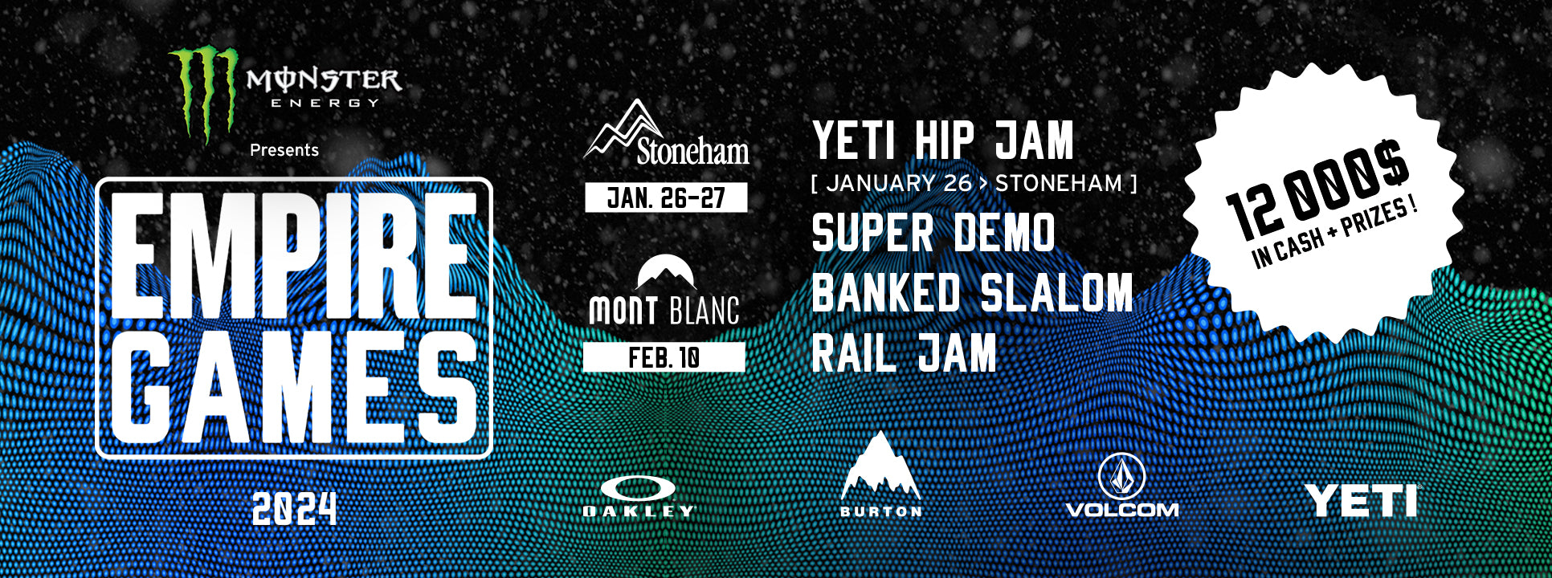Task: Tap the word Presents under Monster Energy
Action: point(284,150)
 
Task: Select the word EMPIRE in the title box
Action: point(293,256)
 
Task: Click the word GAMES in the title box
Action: point(293,387)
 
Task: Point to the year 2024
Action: point(294,509)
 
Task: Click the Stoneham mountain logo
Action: point(666,132)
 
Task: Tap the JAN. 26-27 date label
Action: point(666,197)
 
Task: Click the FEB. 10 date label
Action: point(664,357)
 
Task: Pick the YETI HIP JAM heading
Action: point(942,140)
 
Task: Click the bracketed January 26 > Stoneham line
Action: point(974,184)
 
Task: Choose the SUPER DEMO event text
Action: point(933,233)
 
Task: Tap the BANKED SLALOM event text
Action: point(972,292)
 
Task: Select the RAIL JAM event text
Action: point(905,352)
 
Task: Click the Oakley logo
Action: point(638,496)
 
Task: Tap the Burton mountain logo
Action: point(880,474)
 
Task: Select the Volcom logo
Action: point(1121,485)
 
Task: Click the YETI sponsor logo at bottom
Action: point(1361,500)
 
